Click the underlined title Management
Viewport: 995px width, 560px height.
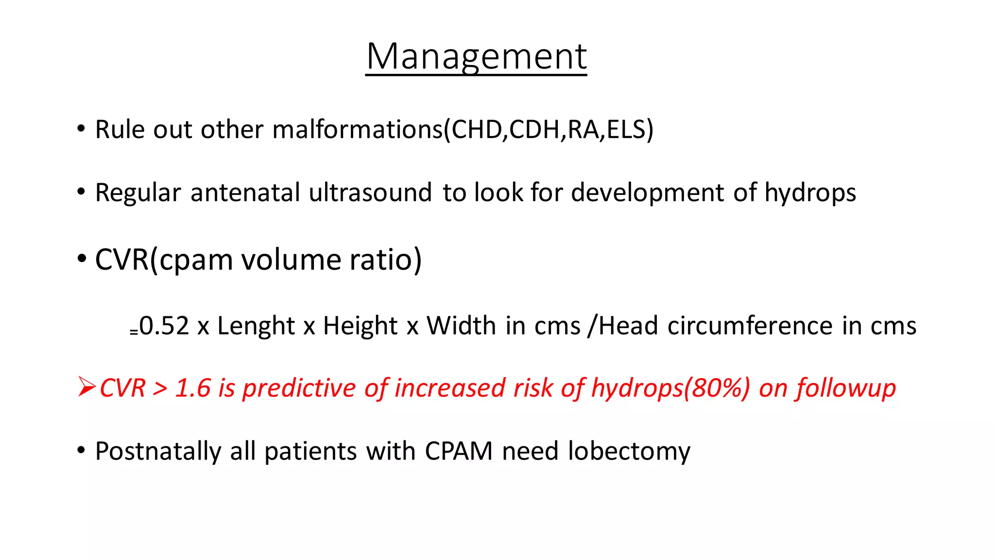tap(476, 57)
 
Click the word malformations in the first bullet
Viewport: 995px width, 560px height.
tap(358, 130)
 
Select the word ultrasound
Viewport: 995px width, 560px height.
tap(370, 192)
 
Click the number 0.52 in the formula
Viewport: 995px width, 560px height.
tap(164, 326)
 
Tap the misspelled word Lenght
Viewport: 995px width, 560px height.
tap(256, 326)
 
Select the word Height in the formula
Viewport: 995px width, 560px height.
tap(360, 326)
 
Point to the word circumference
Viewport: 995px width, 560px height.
tap(750, 326)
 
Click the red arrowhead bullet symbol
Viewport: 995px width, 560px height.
tap(86, 387)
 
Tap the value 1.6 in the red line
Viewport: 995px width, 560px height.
tap(192, 388)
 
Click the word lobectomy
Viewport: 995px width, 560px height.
tap(629, 452)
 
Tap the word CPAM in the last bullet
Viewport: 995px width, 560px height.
tap(459, 451)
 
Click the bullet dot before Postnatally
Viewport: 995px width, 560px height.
tap(81, 450)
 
